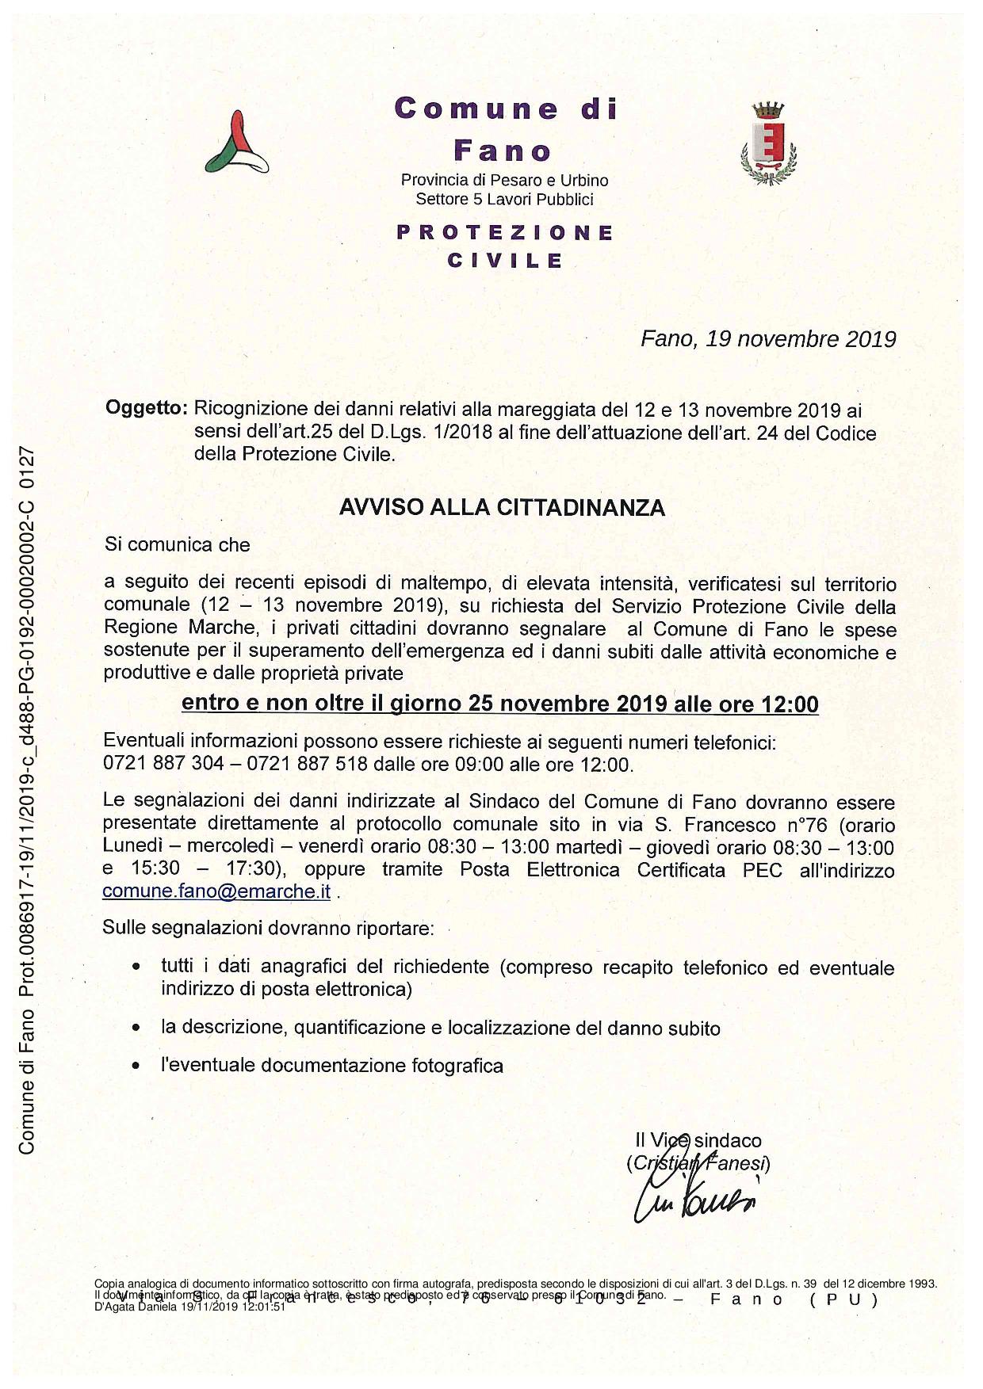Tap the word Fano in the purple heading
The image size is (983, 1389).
503,150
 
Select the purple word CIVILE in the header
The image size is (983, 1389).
505,261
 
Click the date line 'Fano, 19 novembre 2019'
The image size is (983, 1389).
767,339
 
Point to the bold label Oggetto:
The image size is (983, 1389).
146,410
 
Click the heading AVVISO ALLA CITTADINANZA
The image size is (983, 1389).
502,508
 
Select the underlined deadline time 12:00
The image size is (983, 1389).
790,704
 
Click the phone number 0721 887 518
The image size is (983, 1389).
308,765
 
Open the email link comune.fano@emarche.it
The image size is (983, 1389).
216,891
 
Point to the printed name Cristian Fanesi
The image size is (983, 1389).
698,1163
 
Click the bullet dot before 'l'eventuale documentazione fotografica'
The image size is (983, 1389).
137,1066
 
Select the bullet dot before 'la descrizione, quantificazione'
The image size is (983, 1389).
137,1028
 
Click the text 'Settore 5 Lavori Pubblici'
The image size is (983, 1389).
504,200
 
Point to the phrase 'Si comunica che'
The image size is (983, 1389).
177,545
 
